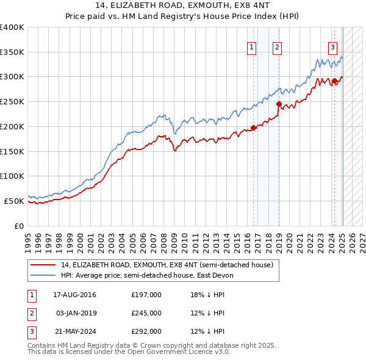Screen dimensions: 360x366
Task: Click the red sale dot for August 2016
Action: point(253,128)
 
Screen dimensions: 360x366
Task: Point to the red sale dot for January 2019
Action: point(279,104)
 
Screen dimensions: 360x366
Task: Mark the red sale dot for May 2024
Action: point(334,81)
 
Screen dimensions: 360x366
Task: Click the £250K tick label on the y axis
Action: point(12,101)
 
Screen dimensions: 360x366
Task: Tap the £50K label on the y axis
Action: point(14,201)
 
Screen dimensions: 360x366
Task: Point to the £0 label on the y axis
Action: point(19,226)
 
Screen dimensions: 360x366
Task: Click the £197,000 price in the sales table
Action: point(146,295)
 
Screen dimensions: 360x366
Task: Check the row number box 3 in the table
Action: point(31,331)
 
